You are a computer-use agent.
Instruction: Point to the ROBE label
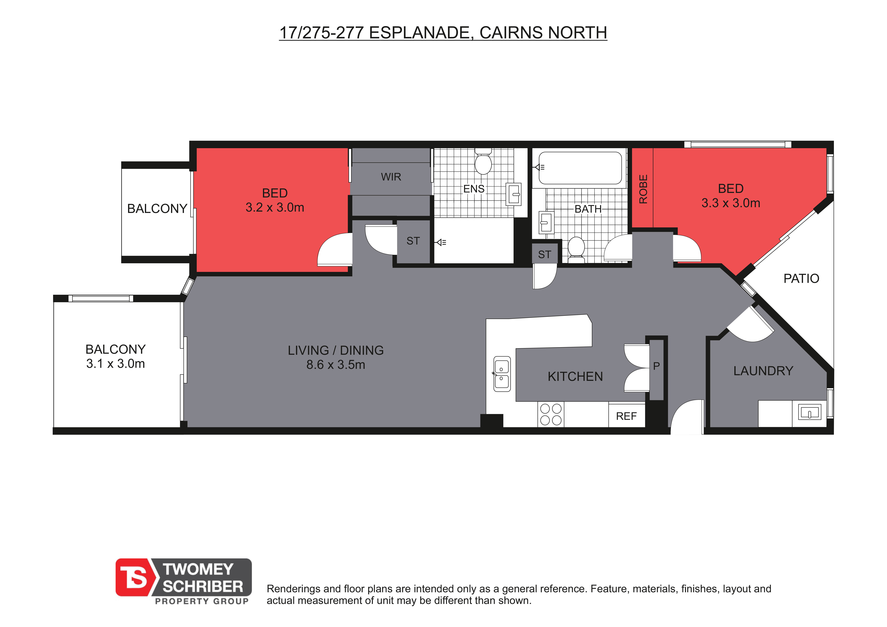643,189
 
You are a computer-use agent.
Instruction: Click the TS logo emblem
135,577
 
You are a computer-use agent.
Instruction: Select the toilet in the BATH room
576,249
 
